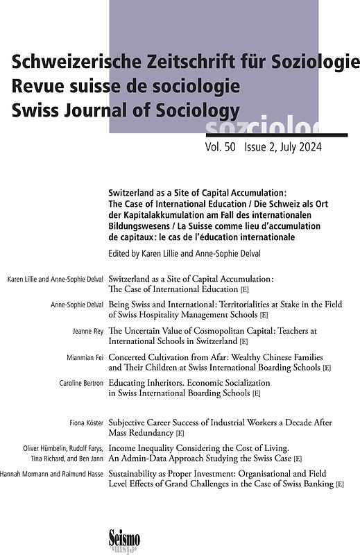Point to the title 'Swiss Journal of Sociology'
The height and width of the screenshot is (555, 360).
pos(125,110)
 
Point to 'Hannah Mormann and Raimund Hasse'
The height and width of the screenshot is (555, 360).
pos(51,474)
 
